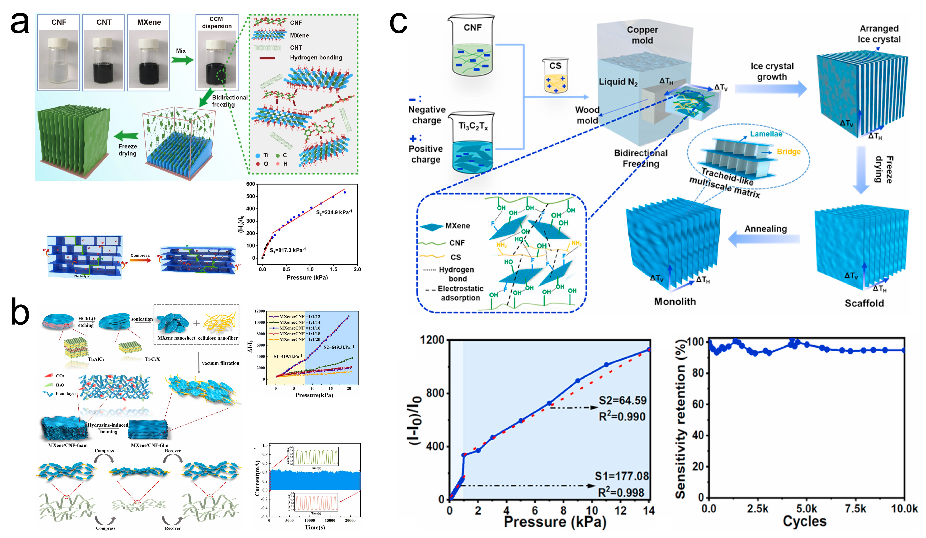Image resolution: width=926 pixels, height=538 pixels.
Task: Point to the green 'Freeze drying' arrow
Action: pos(126,136)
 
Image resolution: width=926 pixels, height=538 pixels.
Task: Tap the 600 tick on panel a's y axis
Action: pos(251,184)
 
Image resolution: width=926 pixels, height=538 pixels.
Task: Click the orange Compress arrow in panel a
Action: pos(140,260)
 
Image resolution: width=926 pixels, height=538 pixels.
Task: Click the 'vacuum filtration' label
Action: pos(220,363)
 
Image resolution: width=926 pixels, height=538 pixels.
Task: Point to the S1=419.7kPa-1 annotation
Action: pos(288,356)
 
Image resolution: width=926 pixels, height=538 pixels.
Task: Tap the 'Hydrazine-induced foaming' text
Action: pos(108,428)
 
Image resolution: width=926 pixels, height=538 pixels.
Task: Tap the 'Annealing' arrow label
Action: pos(765,229)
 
